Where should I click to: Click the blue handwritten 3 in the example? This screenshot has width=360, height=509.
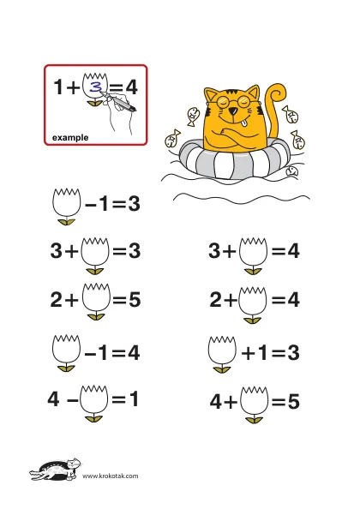[95, 87]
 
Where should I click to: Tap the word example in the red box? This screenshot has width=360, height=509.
[70, 138]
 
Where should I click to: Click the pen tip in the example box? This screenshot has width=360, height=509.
[100, 93]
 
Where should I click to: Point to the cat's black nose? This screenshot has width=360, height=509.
[233, 111]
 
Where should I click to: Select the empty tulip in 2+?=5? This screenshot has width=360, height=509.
[96, 297]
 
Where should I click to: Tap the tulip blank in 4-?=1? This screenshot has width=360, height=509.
[94, 399]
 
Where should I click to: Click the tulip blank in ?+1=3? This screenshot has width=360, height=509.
[222, 350]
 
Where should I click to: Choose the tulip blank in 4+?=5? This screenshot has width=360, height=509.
[255, 401]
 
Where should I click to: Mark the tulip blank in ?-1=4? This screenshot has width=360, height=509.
[66, 349]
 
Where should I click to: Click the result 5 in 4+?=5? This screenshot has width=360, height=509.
[293, 402]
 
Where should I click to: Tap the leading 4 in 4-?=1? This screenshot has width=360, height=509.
[53, 398]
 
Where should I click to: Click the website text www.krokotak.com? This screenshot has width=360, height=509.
[110, 476]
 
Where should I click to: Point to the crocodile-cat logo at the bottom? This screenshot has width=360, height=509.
[56, 470]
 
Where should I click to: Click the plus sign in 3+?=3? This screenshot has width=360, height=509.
[71, 251]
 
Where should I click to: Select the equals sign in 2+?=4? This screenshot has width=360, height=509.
[279, 299]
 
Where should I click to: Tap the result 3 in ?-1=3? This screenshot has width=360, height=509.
[134, 204]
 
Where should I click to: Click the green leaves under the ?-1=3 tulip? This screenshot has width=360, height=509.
[66, 222]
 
